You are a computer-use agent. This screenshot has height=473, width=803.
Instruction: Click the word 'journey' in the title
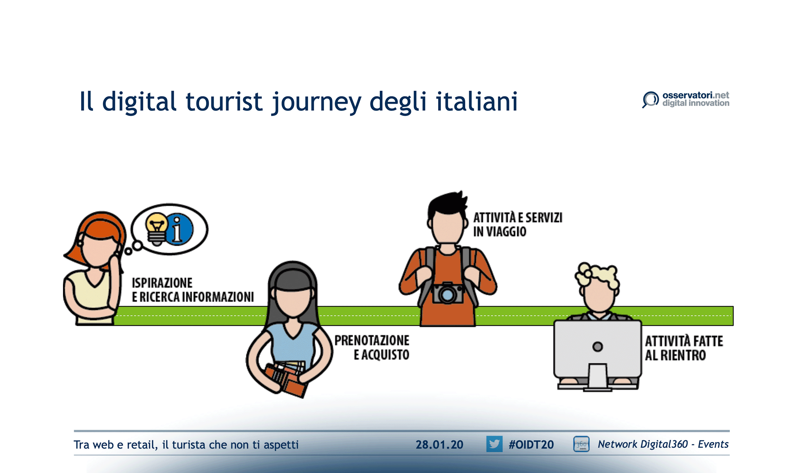[x=316, y=102]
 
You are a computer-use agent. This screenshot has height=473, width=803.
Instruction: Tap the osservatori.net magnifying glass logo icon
[x=650, y=99]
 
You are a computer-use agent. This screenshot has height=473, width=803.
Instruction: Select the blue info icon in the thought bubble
[x=179, y=229]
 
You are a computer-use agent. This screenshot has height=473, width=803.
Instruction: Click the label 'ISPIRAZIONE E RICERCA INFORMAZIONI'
[x=192, y=290]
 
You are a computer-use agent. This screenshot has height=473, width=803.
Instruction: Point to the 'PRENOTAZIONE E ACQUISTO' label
[x=372, y=347]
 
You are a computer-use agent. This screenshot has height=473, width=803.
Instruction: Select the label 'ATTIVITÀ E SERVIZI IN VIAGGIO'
[x=517, y=224]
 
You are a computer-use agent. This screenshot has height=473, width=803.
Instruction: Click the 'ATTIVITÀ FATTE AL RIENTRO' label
[x=684, y=348]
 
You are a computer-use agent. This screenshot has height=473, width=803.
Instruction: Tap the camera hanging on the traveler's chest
[x=448, y=293]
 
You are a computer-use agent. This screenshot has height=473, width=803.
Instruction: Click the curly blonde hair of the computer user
[x=598, y=274]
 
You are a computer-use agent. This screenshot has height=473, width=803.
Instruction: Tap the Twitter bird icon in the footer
[x=494, y=444]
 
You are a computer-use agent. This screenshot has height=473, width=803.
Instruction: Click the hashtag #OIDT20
[x=531, y=445]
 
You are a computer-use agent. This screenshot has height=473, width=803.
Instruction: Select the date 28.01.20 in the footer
[x=439, y=445]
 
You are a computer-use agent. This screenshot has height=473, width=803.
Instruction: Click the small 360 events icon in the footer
[x=581, y=444]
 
